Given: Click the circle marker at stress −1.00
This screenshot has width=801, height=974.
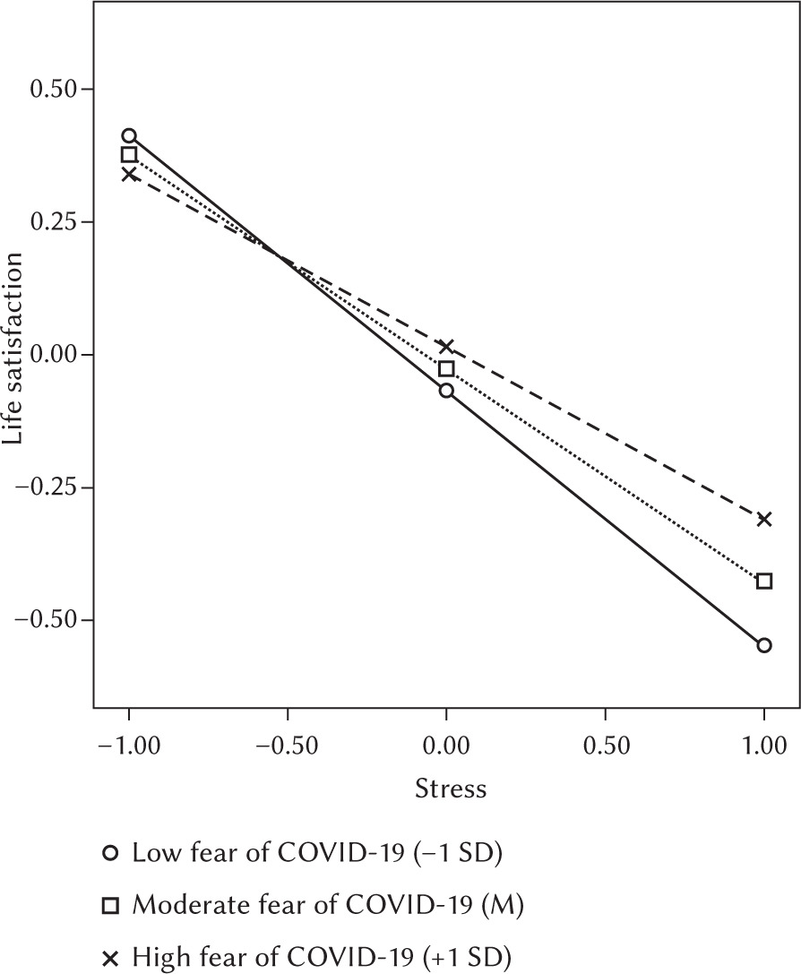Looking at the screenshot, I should [129, 136].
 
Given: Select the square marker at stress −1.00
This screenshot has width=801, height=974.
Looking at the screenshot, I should [129, 155].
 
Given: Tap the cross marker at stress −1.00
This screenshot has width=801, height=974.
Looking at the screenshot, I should [129, 174].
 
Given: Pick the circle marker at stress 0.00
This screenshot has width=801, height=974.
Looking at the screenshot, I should [446, 391].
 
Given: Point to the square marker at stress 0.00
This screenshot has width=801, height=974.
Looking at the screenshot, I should [446, 368].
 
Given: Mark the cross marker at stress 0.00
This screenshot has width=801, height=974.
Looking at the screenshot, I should [446, 347].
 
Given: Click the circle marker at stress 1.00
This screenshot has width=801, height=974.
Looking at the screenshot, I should [763, 645].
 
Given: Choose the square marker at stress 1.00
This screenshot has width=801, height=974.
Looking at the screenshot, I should [763, 581].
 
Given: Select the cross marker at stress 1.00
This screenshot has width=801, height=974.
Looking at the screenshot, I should [763, 519].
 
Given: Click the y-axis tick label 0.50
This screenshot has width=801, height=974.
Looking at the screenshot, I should [53, 90].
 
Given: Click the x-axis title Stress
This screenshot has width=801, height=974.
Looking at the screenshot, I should [451, 789].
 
